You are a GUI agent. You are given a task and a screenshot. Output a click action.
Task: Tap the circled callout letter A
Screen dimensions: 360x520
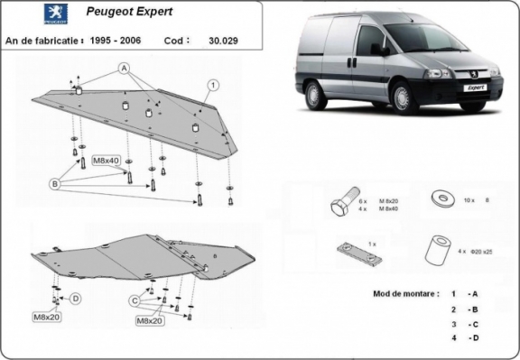pos(124,69)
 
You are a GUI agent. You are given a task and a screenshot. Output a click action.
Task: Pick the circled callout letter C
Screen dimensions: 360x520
pos(134,300)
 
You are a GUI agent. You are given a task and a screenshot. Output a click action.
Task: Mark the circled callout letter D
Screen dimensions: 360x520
pos(76,299)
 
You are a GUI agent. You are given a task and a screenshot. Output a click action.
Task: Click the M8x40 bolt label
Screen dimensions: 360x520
pos(107,161)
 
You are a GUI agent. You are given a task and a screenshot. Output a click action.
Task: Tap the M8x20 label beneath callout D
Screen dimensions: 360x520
pos(47,318)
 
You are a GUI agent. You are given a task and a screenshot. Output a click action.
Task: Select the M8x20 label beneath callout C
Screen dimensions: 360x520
pos(149,320)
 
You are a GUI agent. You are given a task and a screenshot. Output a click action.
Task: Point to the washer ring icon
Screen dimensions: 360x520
pos(443,197)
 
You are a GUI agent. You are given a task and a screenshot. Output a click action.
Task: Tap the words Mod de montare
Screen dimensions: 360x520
pos(402,294)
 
